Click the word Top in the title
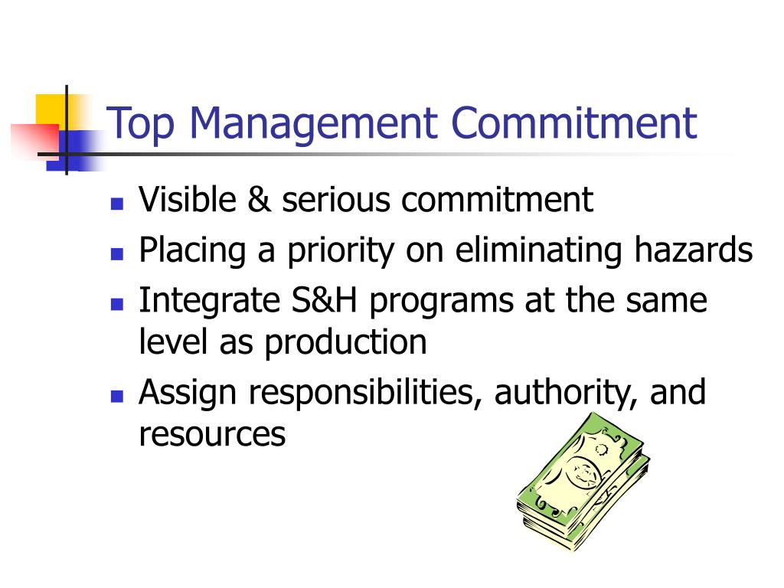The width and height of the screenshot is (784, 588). [141, 124]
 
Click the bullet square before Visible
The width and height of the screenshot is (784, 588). [117, 204]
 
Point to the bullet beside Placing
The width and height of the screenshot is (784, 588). [117, 254]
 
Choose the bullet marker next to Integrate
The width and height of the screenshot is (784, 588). [117, 304]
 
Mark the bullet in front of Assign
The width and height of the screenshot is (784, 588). [117, 396]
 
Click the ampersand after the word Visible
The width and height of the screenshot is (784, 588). [259, 200]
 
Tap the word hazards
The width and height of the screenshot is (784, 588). [694, 250]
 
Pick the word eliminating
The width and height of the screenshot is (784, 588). [538, 250]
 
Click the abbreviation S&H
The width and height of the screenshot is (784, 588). [324, 300]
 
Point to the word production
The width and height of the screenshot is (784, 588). [345, 344]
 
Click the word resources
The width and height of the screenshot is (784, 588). [212, 435]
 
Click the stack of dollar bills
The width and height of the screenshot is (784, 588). [583, 482]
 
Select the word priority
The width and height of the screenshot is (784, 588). [341, 251]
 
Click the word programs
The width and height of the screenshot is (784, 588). [442, 302]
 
